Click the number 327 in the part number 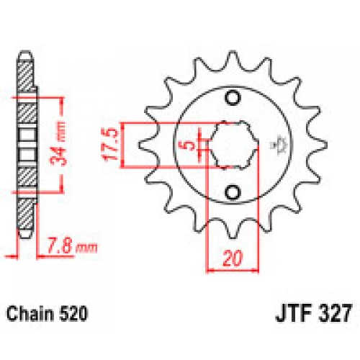pos(333,315)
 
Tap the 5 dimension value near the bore pos(189,146)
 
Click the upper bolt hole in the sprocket pos(233,99)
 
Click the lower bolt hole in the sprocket pos(233,191)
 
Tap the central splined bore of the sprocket pos(233,145)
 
